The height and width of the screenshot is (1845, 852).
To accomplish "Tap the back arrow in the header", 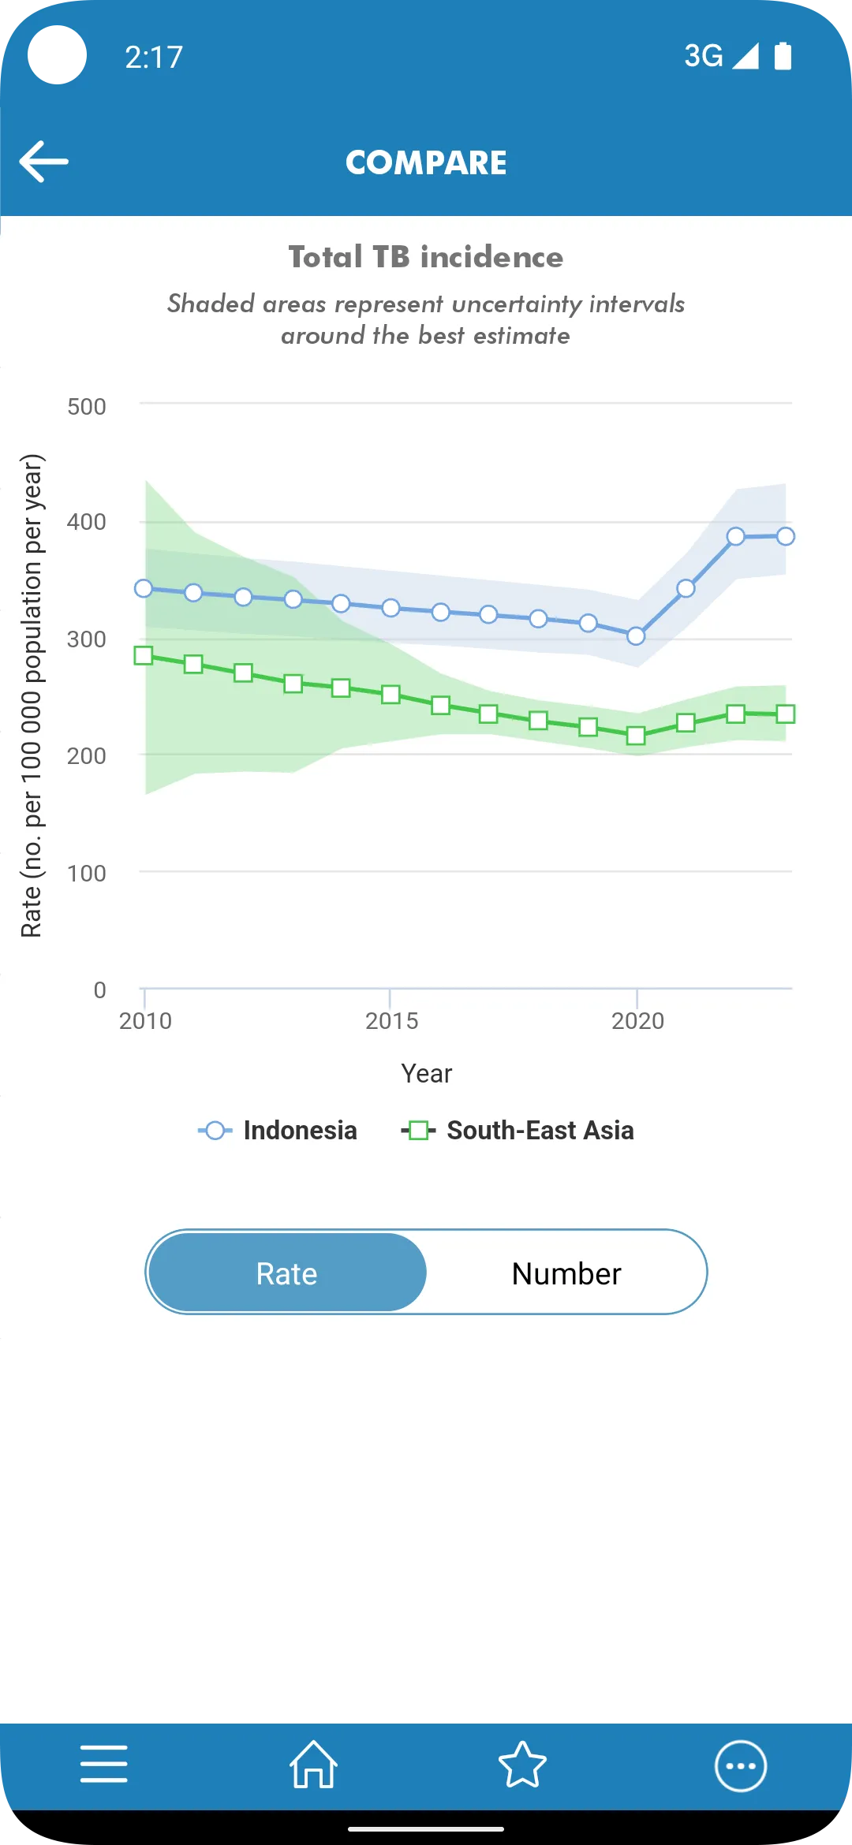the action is (44, 162).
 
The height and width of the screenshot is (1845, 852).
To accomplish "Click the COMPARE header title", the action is (426, 163).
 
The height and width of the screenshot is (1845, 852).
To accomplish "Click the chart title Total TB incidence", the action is (426, 257).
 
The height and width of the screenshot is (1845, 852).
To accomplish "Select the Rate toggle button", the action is (287, 1273).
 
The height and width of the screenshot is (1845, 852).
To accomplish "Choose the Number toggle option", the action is (566, 1273).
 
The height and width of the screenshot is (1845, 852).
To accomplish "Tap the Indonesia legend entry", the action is (278, 1131).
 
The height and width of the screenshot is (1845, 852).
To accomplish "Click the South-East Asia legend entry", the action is (518, 1131).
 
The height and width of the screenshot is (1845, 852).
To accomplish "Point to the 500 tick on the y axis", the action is (87, 407).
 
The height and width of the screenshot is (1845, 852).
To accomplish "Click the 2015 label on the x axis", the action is (391, 1021).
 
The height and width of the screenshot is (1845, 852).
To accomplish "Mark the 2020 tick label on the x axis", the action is (637, 1021).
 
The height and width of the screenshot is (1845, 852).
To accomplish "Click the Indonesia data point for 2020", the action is (636, 635).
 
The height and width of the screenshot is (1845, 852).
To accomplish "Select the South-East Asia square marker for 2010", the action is (144, 655).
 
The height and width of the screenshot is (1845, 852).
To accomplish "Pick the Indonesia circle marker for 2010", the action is (144, 588).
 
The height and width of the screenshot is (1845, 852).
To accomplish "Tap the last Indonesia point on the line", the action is (785, 536).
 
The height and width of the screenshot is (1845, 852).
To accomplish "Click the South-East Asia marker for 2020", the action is (636, 736).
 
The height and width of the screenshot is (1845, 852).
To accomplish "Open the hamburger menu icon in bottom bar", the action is (104, 1764).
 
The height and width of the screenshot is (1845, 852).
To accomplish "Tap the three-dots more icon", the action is (740, 1766).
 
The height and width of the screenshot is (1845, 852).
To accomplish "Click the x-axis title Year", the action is (426, 1073).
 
